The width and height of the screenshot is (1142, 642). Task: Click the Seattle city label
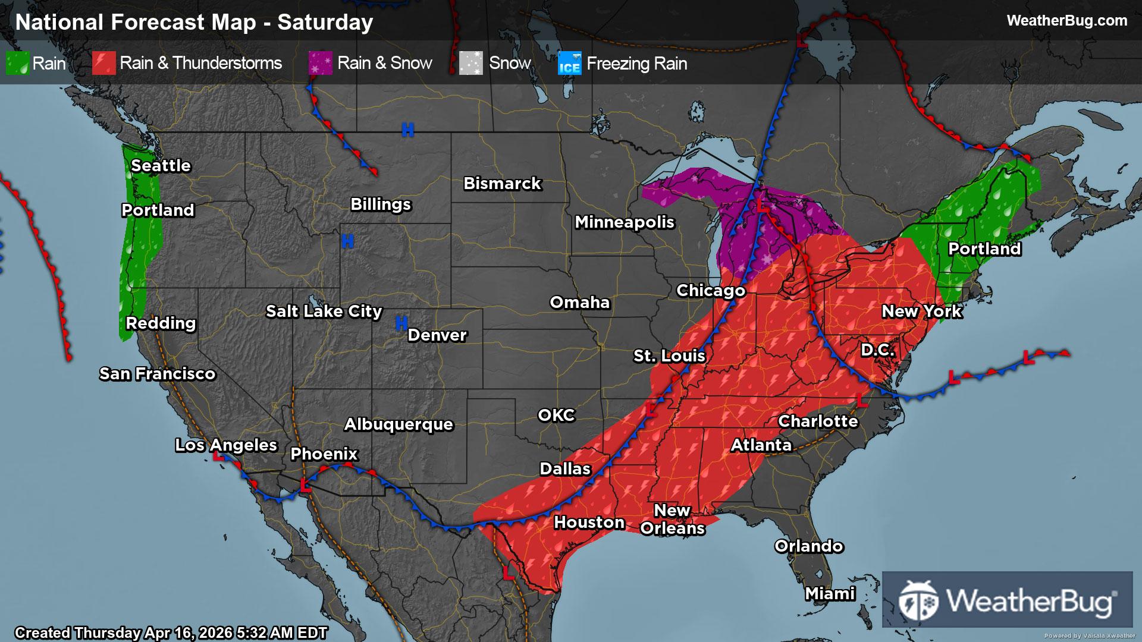(161, 165)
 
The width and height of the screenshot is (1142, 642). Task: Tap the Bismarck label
(502, 183)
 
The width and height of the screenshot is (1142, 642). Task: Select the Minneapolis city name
(624, 222)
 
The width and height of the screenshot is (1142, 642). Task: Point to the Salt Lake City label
(324, 311)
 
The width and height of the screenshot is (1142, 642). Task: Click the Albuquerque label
(399, 424)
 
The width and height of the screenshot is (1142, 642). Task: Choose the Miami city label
(830, 593)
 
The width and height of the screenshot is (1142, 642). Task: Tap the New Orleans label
(672, 519)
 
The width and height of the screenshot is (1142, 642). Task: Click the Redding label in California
(161, 323)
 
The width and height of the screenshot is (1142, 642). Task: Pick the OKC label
(556, 415)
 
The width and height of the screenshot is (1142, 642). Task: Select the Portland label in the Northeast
(984, 248)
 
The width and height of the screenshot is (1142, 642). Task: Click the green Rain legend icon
(17, 63)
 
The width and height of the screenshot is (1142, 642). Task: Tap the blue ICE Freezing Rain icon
(569, 64)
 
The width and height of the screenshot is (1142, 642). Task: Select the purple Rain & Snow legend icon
(320, 63)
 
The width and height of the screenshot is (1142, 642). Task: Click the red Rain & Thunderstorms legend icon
(103, 63)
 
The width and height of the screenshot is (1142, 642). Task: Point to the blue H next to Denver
(401, 323)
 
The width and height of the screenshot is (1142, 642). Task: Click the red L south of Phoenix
(305, 485)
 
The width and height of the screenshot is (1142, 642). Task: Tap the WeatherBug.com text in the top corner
(1066, 20)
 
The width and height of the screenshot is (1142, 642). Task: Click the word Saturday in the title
(325, 22)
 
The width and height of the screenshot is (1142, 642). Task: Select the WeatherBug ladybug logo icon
(918, 600)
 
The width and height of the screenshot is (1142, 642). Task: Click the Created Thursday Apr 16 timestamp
(171, 632)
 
